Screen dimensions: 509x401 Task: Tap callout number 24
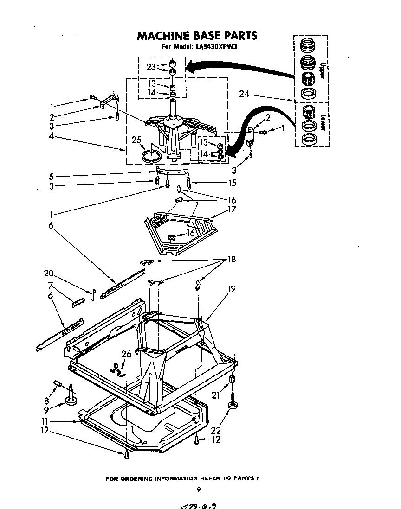click(x=245, y=95)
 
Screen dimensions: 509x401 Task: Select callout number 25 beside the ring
click(x=136, y=140)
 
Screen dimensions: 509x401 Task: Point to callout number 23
click(x=151, y=67)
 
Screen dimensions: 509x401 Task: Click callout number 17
click(x=232, y=210)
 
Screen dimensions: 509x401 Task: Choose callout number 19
click(x=231, y=289)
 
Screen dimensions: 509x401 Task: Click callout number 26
click(x=126, y=354)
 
